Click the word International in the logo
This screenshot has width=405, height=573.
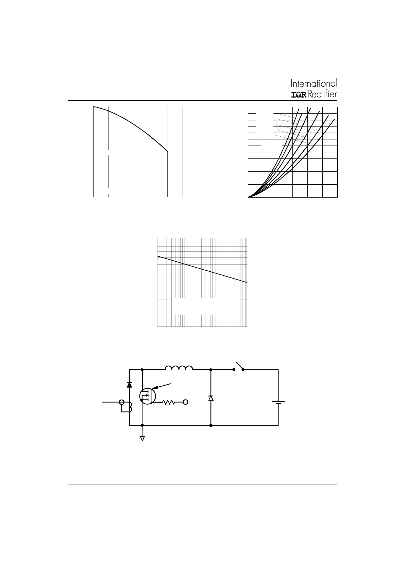[x=314, y=83]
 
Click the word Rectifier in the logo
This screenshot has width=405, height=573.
[x=322, y=94]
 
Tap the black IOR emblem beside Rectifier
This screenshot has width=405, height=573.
[x=299, y=95]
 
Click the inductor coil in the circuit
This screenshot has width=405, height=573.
[x=179, y=368]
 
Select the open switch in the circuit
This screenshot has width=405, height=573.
[x=238, y=366]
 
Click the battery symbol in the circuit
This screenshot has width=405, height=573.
[x=279, y=403]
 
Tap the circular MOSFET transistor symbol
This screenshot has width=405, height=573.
[x=148, y=396]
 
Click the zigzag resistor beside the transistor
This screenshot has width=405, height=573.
[x=169, y=402]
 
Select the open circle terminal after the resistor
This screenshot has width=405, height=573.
[x=186, y=402]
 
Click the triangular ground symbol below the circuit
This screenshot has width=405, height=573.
[x=142, y=438]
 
